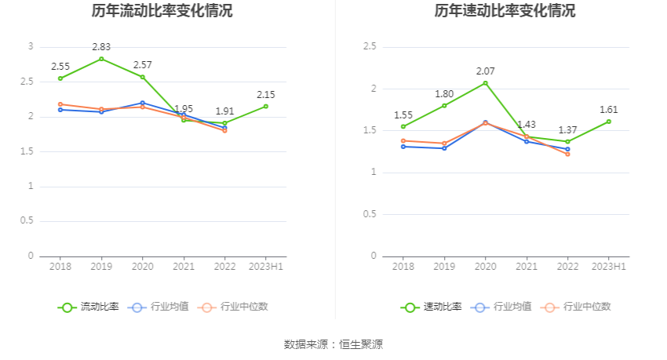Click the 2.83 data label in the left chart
click(101, 47)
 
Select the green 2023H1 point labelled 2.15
click(266, 106)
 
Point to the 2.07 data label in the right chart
click(485, 71)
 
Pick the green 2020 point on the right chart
click(485, 83)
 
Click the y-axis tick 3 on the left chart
click(31, 47)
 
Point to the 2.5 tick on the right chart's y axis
click(370, 47)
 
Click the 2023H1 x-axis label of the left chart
click(266, 267)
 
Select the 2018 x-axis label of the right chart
click(403, 267)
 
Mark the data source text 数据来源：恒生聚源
click(333, 344)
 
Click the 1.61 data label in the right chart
click(609, 110)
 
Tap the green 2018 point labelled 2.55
click(60, 78)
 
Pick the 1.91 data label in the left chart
click(224, 111)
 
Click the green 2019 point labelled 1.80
click(444, 105)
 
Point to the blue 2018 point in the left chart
click(60, 109)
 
